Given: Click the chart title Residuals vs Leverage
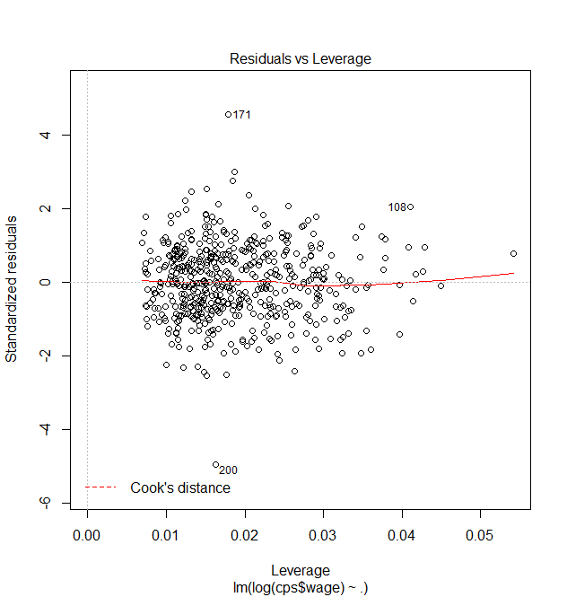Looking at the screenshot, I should coord(300,59).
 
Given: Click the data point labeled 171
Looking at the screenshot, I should coord(228,114).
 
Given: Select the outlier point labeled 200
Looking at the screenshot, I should coord(215,464).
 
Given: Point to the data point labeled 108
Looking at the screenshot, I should coord(410,206).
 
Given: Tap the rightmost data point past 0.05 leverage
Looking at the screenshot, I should coord(513,253).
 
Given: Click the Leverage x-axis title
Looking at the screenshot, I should coord(300,571).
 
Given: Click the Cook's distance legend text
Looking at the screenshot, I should coord(180,488).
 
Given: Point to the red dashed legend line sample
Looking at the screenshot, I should coord(101,487).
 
